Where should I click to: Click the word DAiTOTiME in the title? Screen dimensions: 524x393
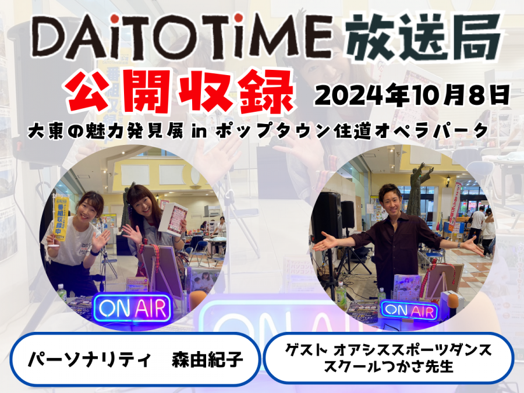(182, 37)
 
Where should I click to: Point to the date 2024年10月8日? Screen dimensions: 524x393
(412, 95)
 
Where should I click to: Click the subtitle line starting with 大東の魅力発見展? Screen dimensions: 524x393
(258, 130)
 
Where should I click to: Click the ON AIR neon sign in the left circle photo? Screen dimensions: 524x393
(133, 308)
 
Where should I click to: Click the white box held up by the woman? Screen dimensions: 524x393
(173, 218)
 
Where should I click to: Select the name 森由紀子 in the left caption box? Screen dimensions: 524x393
(207, 359)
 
